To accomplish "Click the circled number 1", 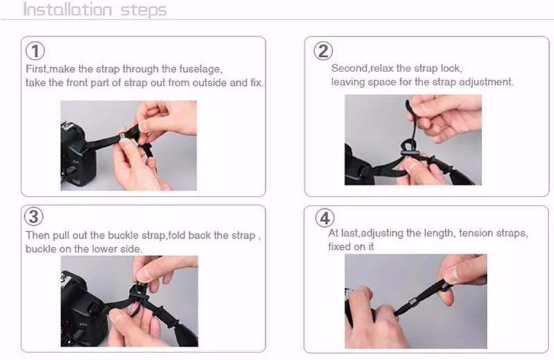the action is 35,51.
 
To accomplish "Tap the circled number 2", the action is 323,51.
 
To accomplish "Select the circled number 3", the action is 33,216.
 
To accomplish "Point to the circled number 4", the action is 325,217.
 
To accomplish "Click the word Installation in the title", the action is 67,10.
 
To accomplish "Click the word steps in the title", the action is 143,10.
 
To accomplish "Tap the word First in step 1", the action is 36,69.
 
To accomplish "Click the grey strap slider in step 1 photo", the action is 123,136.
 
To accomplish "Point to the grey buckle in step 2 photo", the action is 409,152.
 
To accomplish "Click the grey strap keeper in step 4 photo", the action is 412,303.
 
